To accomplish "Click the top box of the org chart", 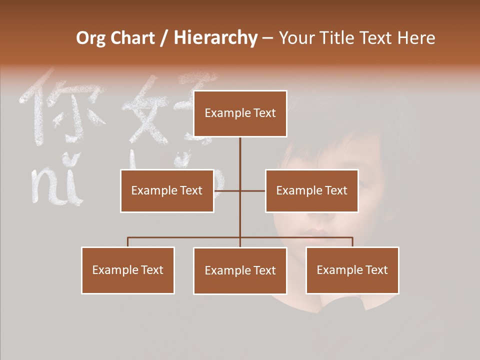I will (240, 113).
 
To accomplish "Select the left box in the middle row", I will (167, 190).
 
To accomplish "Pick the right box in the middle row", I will (311, 190).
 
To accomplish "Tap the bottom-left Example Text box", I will (128, 270).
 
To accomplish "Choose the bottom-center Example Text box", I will (240, 270).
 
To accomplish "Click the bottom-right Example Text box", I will (352, 270).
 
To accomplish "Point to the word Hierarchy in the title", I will (215, 38).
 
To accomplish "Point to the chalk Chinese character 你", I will (62, 107).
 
